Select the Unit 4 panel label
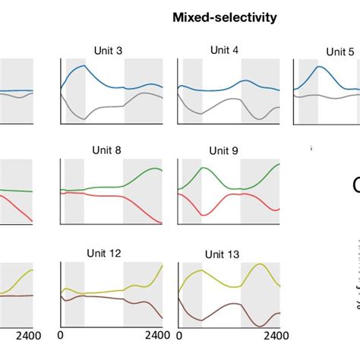(225, 50)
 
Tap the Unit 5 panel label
(340, 52)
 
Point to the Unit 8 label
(107, 150)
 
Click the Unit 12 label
(105, 253)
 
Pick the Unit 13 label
(222, 254)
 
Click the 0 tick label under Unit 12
(60, 335)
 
